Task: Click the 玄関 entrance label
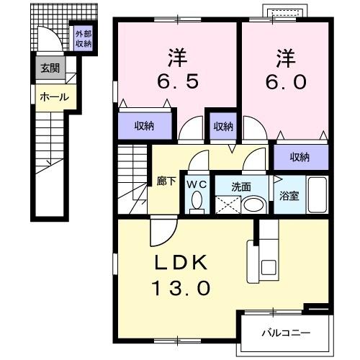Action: pos(50,69)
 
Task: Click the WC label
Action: pos(197,185)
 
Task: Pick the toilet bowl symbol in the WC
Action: pos(197,203)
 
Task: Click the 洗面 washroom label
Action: pos(240,186)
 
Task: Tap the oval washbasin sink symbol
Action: pos(252,204)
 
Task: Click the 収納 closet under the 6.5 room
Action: pos(145,126)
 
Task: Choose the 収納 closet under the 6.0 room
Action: pos(300,157)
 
